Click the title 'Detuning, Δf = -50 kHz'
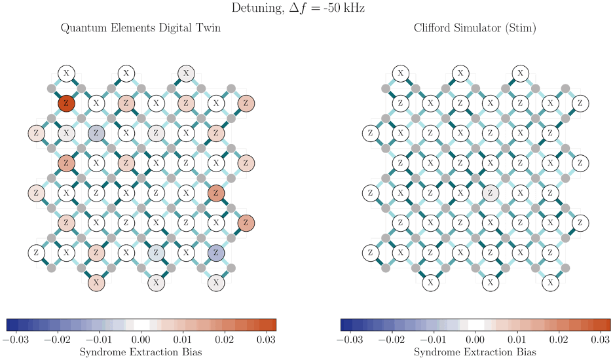(x=306, y=9)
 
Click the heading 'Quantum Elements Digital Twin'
(x=140, y=28)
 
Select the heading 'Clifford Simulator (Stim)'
(x=475, y=28)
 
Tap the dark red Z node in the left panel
(x=65, y=103)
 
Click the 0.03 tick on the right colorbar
(x=601, y=340)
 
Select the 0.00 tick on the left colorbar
(x=141, y=340)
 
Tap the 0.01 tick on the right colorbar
(x=517, y=340)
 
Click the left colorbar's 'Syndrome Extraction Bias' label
(x=140, y=352)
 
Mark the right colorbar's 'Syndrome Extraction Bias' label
(x=475, y=352)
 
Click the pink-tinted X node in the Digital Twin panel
(x=96, y=283)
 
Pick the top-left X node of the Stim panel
(x=401, y=73)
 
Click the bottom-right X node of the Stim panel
(x=551, y=283)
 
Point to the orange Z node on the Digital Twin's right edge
(x=246, y=223)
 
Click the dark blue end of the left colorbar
(x=10, y=324)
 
